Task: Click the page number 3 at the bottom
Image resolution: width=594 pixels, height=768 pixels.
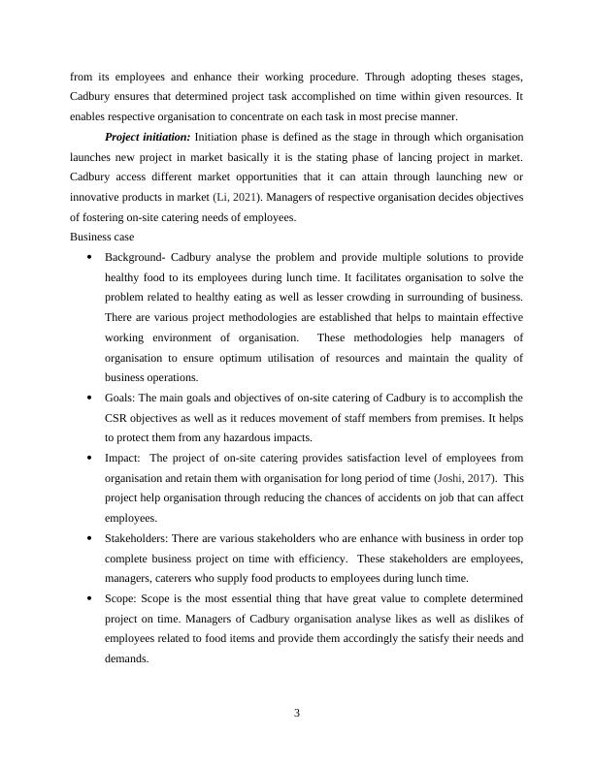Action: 297,714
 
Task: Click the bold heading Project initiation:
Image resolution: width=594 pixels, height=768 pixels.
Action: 148,137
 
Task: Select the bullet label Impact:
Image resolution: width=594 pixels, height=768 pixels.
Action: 125,458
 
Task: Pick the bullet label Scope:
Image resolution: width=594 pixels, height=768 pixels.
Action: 123,598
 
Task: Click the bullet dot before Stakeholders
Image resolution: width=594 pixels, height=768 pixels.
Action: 89,538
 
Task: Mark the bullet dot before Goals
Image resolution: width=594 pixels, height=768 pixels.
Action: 89,398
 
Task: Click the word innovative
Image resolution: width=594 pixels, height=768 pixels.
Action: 95,197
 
